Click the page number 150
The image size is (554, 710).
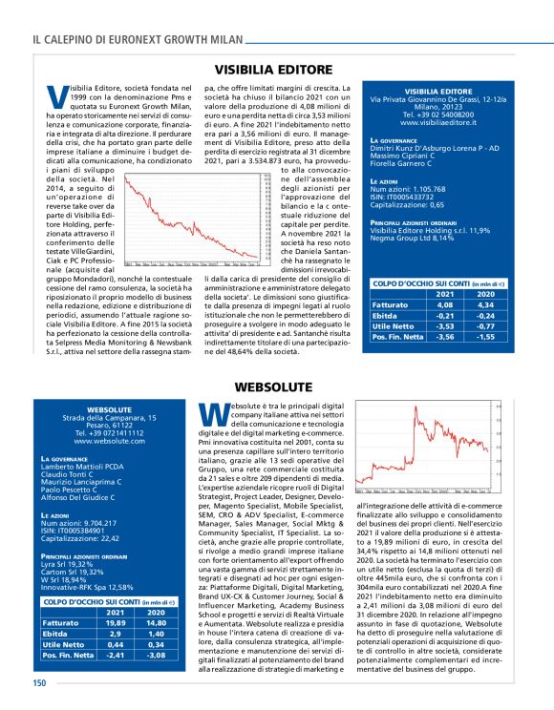tap(39, 682)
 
